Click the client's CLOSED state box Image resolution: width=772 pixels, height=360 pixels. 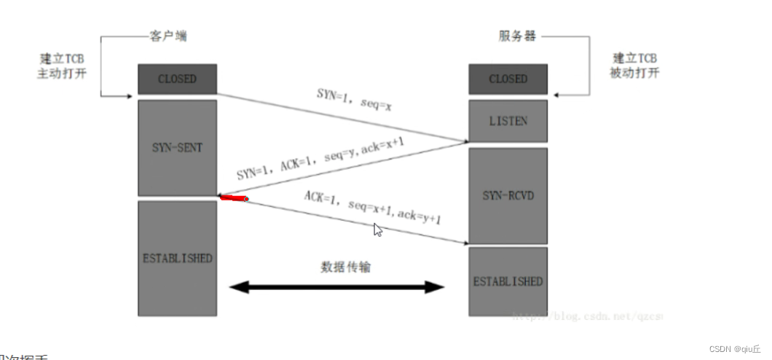pyautogui.click(x=177, y=79)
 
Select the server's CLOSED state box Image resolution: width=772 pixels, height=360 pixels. pyautogui.click(x=508, y=79)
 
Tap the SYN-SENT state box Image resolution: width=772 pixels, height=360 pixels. pyautogui.click(x=177, y=147)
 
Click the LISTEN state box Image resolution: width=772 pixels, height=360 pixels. pyautogui.click(x=508, y=120)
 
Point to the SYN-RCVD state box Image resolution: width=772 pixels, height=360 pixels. pyautogui.click(x=508, y=195)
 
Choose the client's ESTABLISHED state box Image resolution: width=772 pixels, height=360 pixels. pyautogui.click(x=177, y=258)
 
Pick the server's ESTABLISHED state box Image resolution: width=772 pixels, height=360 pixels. pyautogui.click(x=508, y=281)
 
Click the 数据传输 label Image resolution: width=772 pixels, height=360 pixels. pyautogui.click(x=345, y=267)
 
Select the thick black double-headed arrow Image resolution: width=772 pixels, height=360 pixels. pyautogui.click(x=336, y=287)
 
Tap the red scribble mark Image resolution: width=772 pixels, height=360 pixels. pyautogui.click(x=234, y=197)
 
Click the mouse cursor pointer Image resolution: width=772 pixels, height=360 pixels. pyautogui.click(x=378, y=230)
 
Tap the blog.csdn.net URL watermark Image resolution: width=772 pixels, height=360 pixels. pyautogui.click(x=586, y=317)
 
